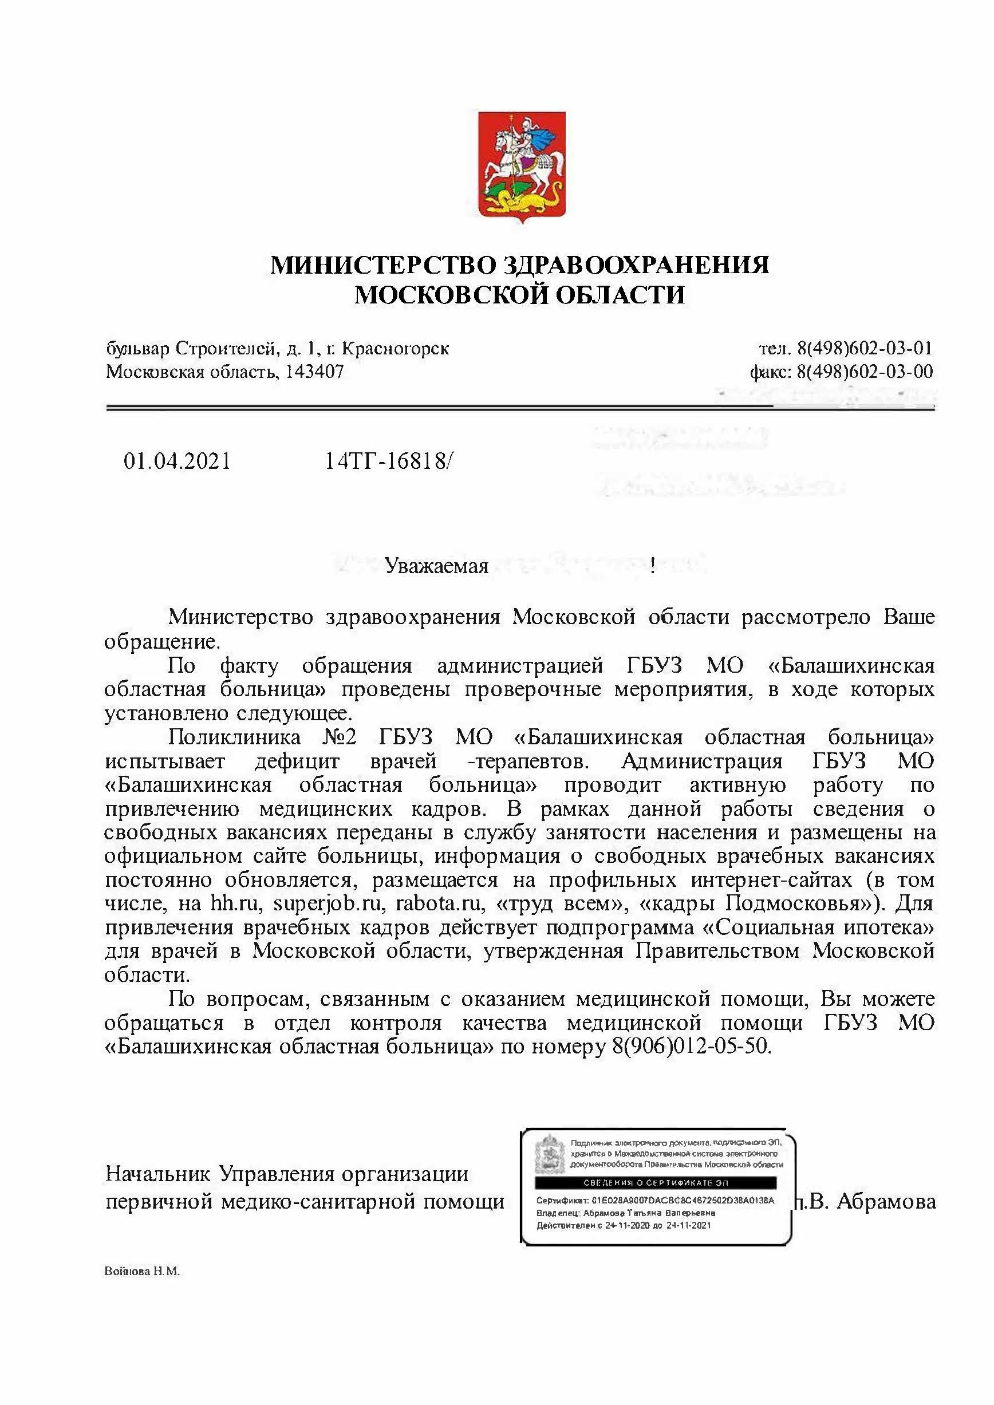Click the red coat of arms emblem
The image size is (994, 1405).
pos(521,167)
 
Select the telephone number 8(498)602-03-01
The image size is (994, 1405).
pos(865,349)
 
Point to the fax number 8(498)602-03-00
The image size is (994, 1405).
pos(865,372)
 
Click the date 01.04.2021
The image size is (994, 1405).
pos(178,461)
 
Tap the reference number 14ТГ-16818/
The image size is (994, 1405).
pos(389,461)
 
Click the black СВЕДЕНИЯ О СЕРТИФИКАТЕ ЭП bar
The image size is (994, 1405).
pos(656,1182)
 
